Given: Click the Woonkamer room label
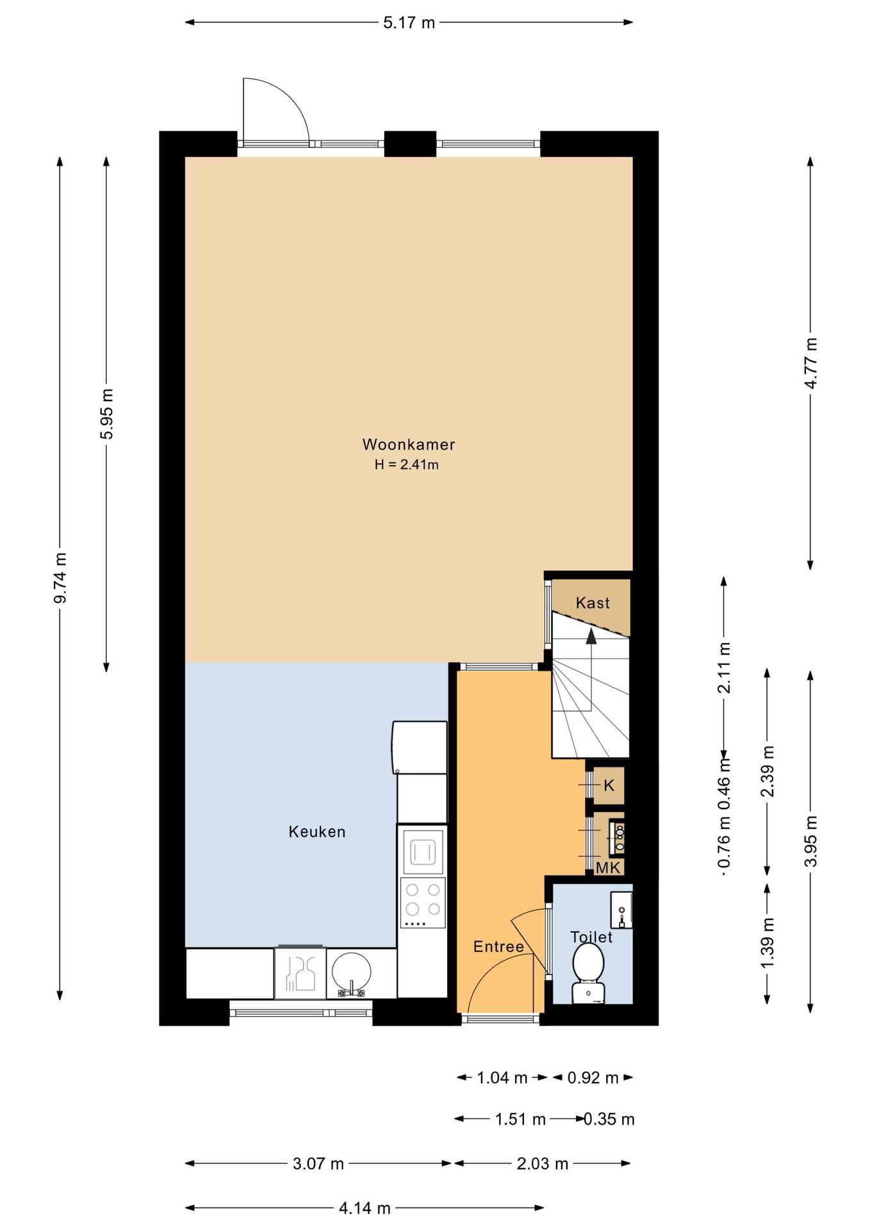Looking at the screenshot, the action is pos(409,444).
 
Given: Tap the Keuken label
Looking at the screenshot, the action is pos(317,832).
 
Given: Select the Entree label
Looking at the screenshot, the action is pos(498,946).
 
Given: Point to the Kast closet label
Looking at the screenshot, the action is pos(593,602).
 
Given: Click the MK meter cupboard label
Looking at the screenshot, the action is pos(608,867).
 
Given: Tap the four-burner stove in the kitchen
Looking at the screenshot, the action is pos(423,903).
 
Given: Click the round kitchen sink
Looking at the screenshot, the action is pos(351,971).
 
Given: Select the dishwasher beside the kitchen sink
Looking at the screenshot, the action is pos(300,973).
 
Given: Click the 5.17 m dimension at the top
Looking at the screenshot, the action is pos(409,23).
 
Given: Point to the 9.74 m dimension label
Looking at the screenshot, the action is pos(60,578).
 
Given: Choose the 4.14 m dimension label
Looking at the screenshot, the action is pos(365,1208).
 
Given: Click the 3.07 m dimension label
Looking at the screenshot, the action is pos(318,1163).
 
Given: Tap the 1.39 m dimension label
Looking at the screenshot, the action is pos(767,943).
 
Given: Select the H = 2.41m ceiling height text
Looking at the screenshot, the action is pos(407,464).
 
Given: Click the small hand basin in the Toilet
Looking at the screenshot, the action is pos(621,910).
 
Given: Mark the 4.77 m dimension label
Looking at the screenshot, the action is pos(811,363).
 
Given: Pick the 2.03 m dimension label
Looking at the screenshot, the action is pos(543,1163).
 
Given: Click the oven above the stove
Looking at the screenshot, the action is pos(423,851).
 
